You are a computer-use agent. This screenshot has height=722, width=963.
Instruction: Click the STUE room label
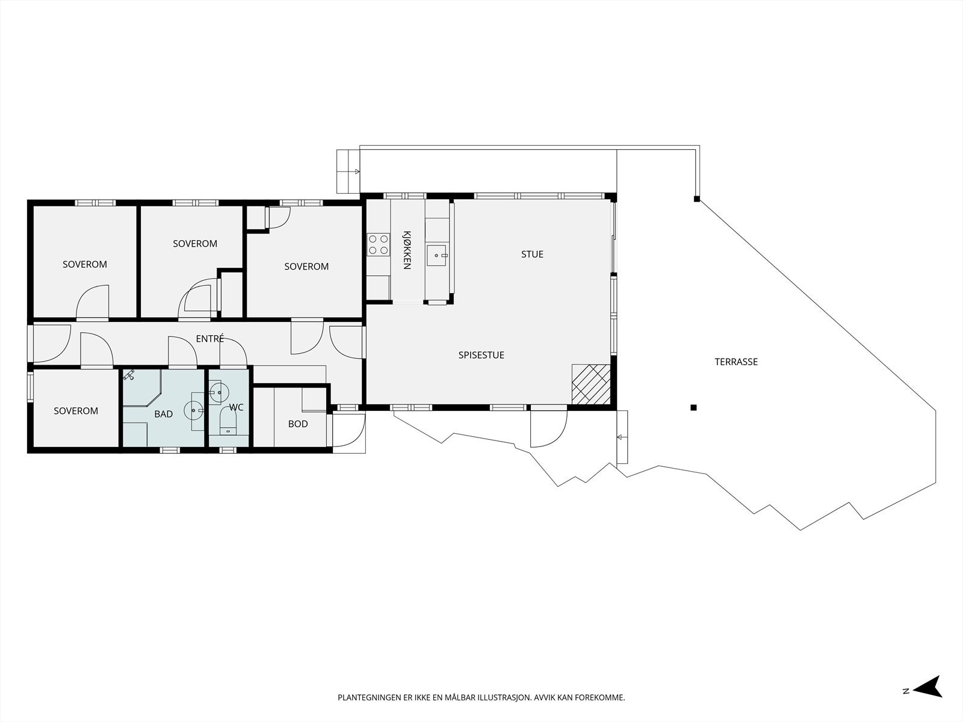(x=532, y=255)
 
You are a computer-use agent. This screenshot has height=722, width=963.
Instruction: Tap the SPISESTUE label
(x=482, y=355)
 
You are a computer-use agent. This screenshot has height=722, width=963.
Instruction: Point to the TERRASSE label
(x=736, y=362)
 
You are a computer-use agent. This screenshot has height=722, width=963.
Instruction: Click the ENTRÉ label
(x=210, y=338)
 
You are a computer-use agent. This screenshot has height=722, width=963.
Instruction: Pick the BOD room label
(x=298, y=424)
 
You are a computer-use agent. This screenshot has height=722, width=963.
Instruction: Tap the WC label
(x=236, y=407)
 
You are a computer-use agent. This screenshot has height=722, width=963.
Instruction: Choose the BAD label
(x=164, y=414)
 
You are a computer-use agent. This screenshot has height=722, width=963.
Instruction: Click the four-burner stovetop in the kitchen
(x=378, y=245)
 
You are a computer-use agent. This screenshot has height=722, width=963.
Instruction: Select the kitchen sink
(x=437, y=255)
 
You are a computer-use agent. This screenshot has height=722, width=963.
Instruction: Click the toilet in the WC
(x=228, y=421)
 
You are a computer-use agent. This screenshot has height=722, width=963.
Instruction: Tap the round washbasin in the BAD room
(x=193, y=411)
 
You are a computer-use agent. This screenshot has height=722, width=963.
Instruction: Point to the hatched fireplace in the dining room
(x=591, y=384)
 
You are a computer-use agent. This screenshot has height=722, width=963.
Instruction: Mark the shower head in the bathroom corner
(x=129, y=375)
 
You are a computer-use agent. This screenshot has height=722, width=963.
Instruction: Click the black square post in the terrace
(x=693, y=408)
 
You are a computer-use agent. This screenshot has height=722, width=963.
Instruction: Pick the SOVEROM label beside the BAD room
(x=76, y=411)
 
